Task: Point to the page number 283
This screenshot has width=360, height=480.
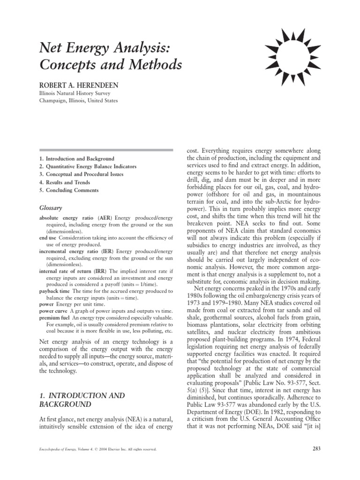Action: tap(315, 450)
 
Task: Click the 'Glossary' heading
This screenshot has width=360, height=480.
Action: tap(51, 207)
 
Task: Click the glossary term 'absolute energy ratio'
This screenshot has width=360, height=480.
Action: tap(67, 218)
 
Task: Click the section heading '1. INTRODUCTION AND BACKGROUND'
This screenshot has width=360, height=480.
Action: tap(82, 400)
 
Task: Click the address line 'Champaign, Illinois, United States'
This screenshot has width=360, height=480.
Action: tap(78, 100)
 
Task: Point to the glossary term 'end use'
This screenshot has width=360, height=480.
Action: tap(48, 238)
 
